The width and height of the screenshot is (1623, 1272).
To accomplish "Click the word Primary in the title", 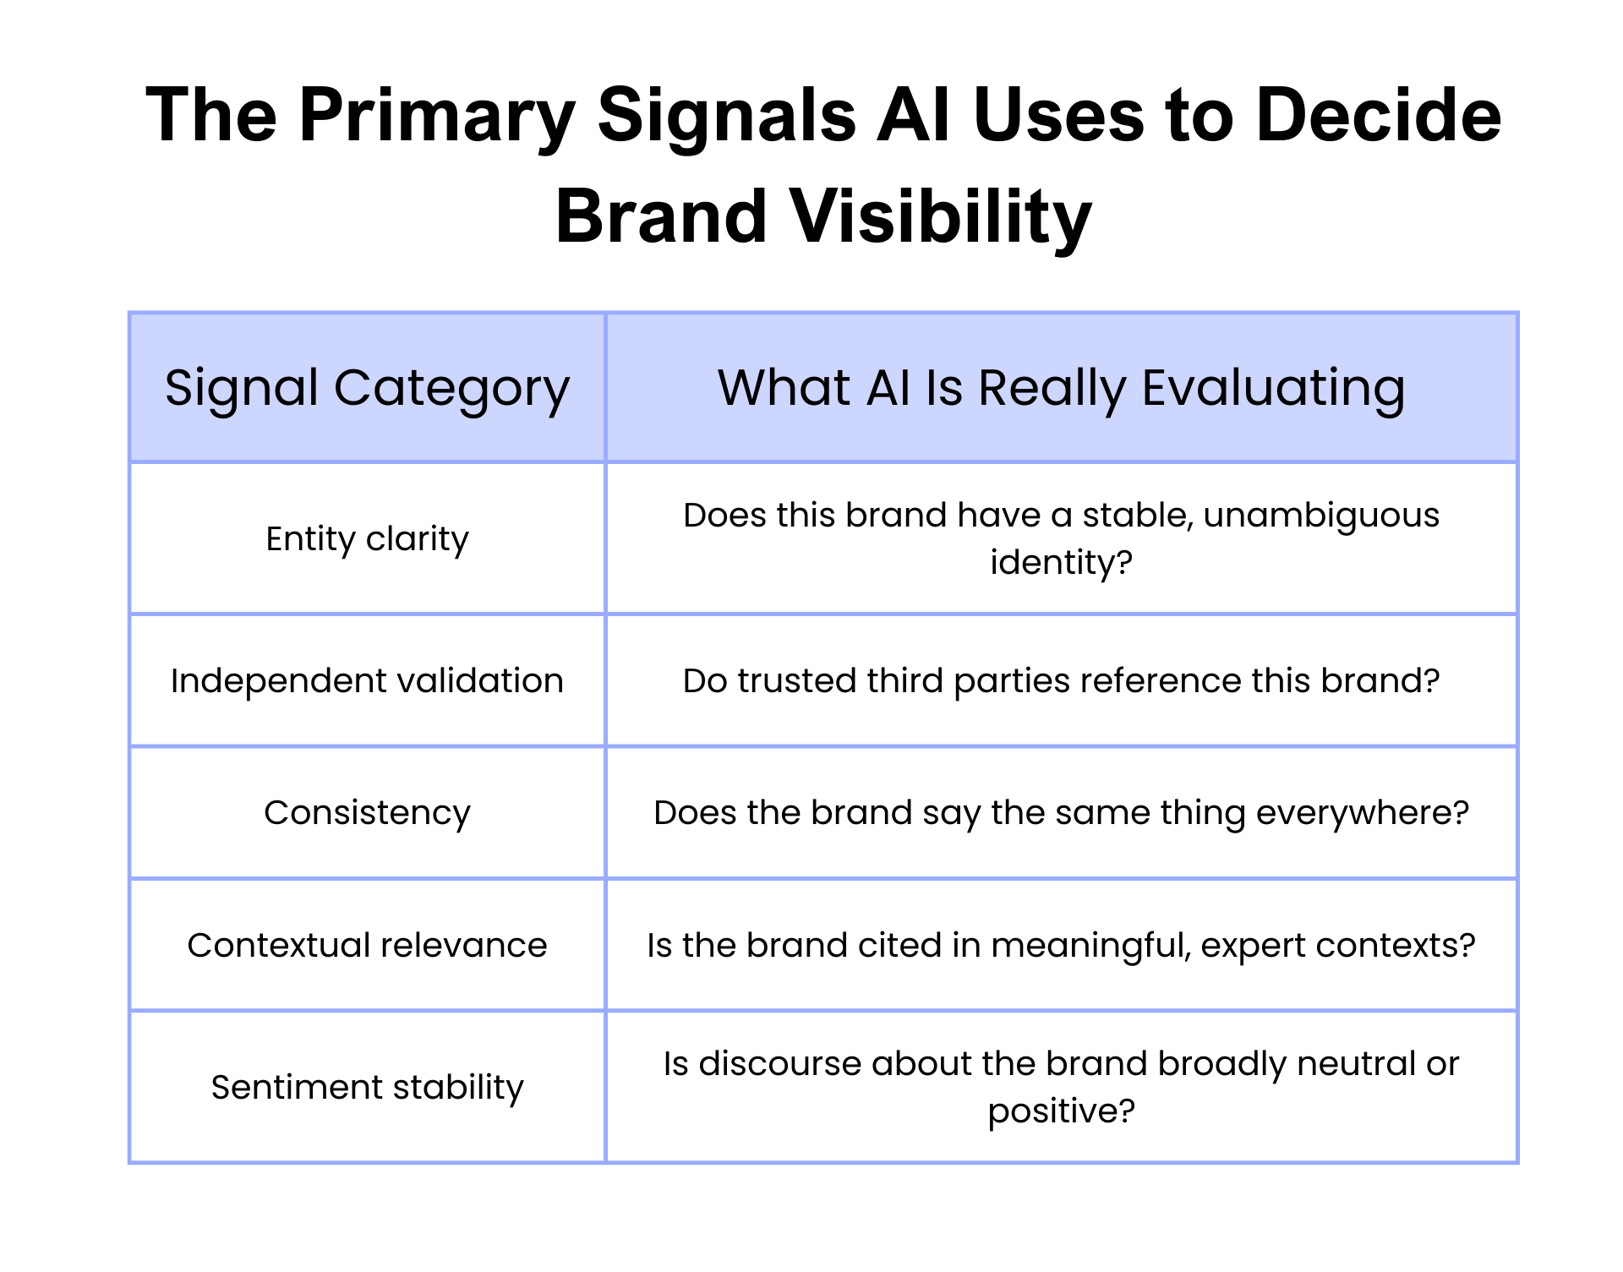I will (x=436, y=117).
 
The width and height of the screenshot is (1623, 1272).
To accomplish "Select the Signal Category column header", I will (x=367, y=388).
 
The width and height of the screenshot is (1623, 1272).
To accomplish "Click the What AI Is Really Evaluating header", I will (x=1061, y=388).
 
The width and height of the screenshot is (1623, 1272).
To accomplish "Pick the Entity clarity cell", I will (x=367, y=538).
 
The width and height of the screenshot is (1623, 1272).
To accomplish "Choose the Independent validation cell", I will (x=367, y=680).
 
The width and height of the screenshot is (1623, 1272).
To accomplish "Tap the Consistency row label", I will (x=367, y=812).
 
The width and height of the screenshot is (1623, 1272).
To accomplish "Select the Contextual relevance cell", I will (x=367, y=945).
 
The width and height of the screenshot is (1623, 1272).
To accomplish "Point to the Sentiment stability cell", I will (x=367, y=1087).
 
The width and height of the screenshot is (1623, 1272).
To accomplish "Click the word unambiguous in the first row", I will (x=1320, y=515).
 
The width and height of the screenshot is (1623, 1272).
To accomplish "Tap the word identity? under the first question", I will (x=1061, y=562).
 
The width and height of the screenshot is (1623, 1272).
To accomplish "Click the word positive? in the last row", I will (x=1061, y=1111).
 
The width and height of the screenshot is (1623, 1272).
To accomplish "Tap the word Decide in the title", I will (x=1378, y=117).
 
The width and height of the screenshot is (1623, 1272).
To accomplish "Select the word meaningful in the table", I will (x=1090, y=945).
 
